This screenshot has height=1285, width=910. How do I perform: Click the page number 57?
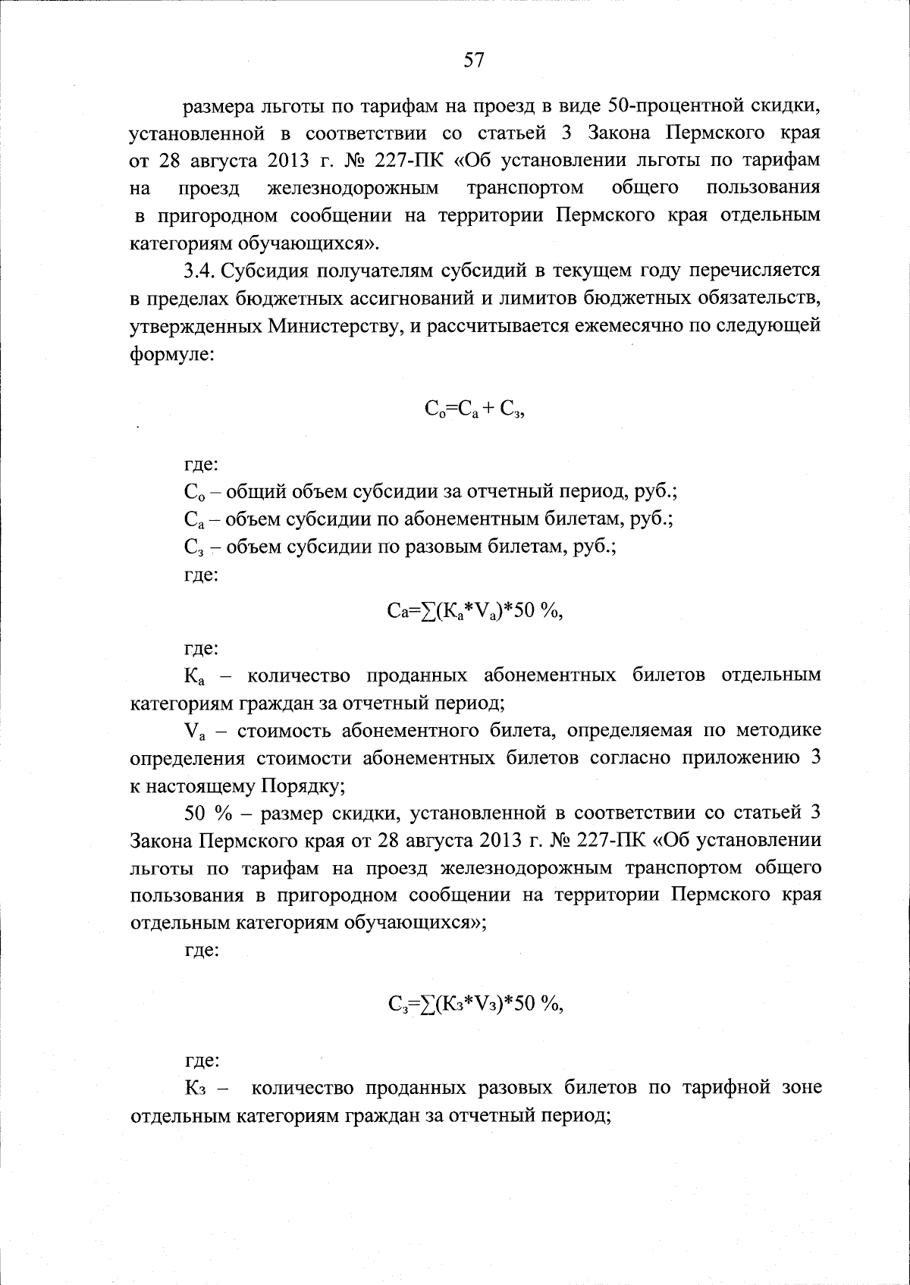point(474,61)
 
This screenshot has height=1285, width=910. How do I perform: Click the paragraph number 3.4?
point(202,270)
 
